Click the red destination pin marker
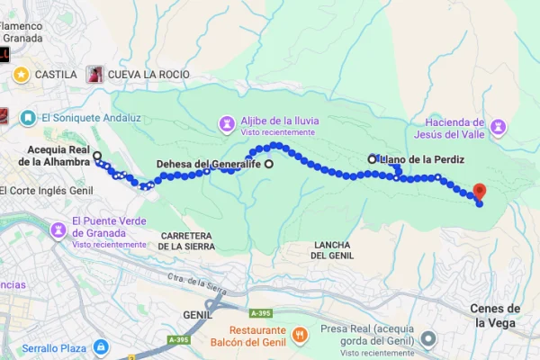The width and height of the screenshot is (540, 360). [479, 192]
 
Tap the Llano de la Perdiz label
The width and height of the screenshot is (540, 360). [422, 159]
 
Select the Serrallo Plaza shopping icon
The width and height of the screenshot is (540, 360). [101, 346]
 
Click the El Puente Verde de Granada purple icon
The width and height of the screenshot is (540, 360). [58, 229]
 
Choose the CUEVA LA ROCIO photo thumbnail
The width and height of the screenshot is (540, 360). [94, 75]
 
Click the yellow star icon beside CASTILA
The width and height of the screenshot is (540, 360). [21, 75]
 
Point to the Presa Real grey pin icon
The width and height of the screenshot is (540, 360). [429, 339]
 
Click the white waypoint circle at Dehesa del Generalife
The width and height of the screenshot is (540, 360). [268, 164]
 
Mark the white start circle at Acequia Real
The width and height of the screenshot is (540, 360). [97, 156]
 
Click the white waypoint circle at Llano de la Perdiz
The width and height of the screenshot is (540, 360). [372, 158]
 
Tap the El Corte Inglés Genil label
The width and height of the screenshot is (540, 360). [47, 190]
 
